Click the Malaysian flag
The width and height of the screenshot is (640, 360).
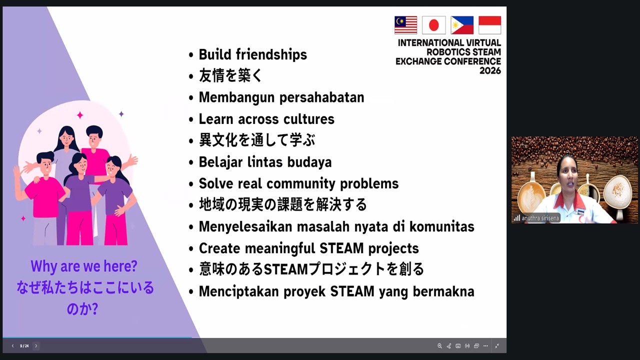click(x=405, y=25)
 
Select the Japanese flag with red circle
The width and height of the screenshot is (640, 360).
click(x=433, y=25)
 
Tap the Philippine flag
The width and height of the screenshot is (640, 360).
click(x=462, y=25)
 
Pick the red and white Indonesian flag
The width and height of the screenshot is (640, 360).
click(x=489, y=25)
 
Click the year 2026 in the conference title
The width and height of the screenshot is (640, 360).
click(x=490, y=70)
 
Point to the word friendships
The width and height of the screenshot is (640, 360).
click(x=271, y=54)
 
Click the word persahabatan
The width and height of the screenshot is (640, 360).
click(x=321, y=97)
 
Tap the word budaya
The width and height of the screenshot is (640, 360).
click(x=309, y=162)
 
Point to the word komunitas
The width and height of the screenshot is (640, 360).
click(x=442, y=226)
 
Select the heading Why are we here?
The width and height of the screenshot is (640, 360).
click(x=84, y=266)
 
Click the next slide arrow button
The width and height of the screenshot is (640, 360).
click(x=36, y=346)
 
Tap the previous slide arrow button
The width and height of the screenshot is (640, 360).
click(x=12, y=346)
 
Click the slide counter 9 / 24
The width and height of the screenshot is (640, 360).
click(x=24, y=346)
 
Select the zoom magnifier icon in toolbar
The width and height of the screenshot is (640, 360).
click(x=439, y=346)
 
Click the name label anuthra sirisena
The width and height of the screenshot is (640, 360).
click(x=540, y=218)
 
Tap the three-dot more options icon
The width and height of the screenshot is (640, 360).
click(x=485, y=346)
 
